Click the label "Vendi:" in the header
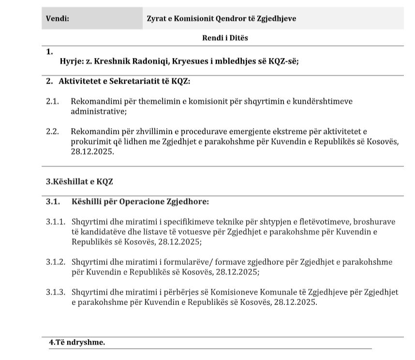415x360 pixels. [x=57, y=19]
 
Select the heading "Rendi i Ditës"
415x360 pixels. [x=225, y=38]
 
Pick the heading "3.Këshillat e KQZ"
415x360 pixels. [x=79, y=182]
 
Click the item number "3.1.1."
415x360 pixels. [x=55, y=222]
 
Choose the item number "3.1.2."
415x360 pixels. [x=55, y=262]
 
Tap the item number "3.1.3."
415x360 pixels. [x=55, y=292]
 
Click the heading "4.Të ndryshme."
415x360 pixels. [x=77, y=342]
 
